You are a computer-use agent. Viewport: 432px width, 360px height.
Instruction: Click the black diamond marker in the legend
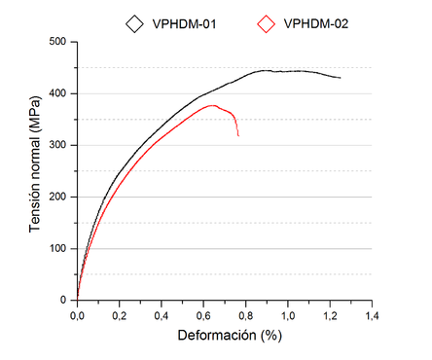click(133, 22)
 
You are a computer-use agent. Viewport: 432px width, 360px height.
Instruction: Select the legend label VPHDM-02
click(315, 22)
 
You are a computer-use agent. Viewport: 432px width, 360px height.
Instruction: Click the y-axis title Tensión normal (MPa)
click(36, 171)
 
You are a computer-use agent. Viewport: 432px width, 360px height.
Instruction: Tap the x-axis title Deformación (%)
click(225, 336)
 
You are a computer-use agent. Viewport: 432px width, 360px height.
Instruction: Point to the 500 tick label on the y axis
click(59, 42)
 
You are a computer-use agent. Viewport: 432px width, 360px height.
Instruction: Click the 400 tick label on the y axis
click(59, 93)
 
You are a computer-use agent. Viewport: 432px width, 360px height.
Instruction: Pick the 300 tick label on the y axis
click(59, 145)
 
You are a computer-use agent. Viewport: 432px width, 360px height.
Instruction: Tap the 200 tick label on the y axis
click(59, 197)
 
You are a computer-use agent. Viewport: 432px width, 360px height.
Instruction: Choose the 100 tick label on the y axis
click(59, 248)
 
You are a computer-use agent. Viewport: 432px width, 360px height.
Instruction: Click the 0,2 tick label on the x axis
click(119, 315)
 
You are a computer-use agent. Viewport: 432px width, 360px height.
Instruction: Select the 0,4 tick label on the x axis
click(161, 315)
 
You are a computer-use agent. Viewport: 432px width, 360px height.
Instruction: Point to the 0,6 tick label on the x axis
click(202, 315)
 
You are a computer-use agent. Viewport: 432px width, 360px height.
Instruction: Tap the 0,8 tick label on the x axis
click(245, 315)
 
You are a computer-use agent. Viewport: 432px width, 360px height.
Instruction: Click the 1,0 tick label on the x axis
click(287, 315)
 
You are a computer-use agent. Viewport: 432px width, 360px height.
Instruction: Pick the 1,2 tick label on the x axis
click(329, 315)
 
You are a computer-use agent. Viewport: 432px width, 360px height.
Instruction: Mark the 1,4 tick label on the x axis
click(371, 315)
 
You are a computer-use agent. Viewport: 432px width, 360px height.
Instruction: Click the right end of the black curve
click(340, 78)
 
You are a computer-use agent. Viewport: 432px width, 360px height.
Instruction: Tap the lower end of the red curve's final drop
click(237, 135)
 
